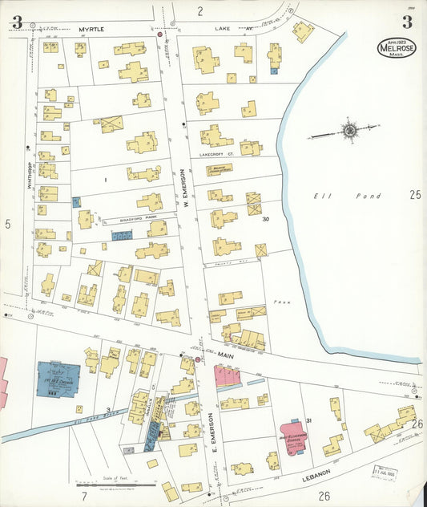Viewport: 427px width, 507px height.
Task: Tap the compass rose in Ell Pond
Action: coord(350,130)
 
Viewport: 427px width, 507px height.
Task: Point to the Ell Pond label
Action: coord(328,195)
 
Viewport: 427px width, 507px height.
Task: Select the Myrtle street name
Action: coord(91,29)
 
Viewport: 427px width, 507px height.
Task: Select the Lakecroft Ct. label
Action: coord(214,154)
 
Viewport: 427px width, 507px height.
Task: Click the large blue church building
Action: coord(58,379)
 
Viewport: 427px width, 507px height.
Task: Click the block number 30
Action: coord(264,221)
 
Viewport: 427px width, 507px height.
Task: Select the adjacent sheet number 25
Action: coord(414,194)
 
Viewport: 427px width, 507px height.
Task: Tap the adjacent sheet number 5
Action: coord(8,224)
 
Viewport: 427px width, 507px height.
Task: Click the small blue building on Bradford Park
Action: coord(122,237)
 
